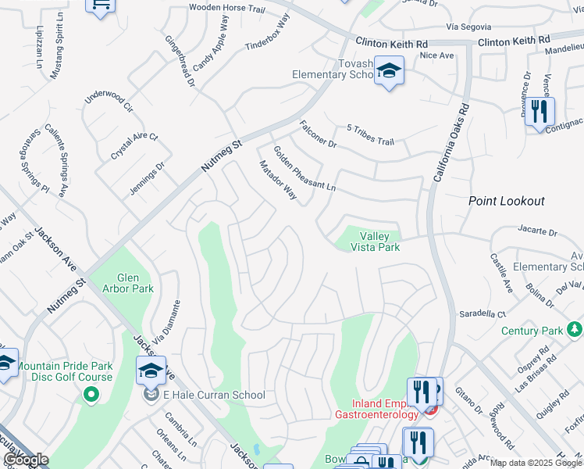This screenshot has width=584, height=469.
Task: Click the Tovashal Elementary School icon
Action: coord(388,73)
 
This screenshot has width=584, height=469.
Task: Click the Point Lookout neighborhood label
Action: coord(506,201)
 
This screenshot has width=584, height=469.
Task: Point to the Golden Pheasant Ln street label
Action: coord(304,167)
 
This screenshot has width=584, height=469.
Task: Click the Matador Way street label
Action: coord(277,181)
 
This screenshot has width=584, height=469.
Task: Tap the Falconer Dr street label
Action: coord(318,134)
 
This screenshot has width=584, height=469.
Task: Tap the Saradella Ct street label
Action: coord(483,313)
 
